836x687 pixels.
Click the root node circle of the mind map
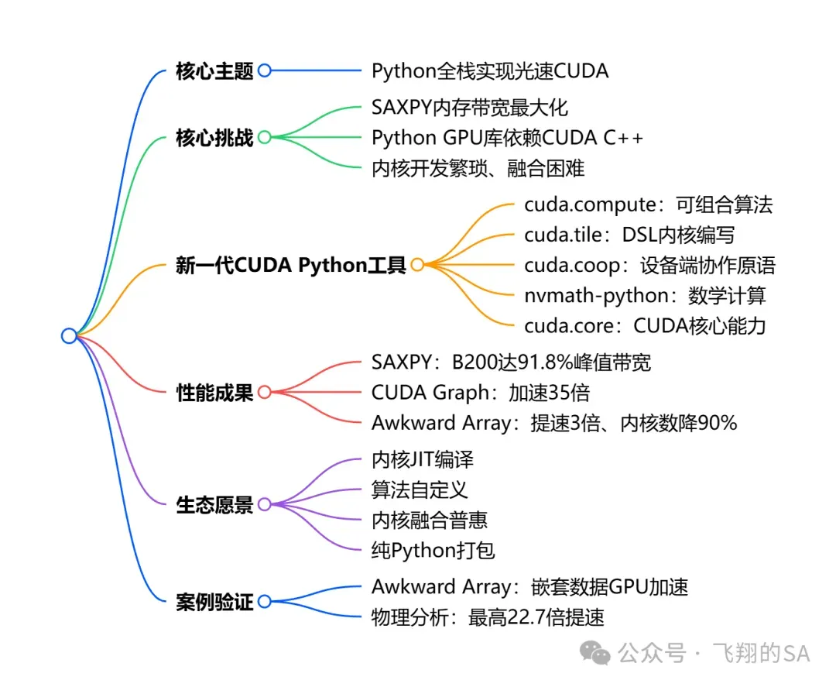point(69,335)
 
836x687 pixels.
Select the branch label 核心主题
point(214,71)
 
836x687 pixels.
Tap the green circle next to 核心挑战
point(264,138)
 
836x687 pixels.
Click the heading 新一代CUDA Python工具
point(291,266)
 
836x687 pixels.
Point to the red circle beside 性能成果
point(264,392)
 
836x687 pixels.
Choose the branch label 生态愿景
point(214,506)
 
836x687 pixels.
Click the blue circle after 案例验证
point(264,601)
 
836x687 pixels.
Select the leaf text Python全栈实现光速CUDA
point(490,71)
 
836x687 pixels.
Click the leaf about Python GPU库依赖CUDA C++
point(508,138)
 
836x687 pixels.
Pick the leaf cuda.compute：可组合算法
point(648,205)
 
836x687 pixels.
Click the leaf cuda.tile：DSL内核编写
point(629,235)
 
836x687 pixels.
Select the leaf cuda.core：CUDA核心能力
point(645,325)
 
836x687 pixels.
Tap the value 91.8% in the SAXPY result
point(536,362)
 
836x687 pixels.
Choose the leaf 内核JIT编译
point(423,459)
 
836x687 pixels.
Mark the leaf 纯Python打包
point(433,551)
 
